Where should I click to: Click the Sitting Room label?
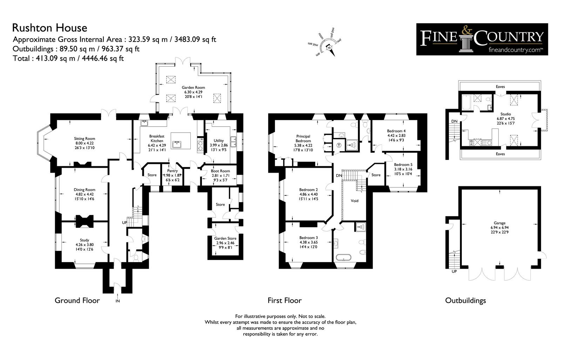tap(85, 139)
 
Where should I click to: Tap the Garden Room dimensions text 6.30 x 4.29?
tap(193, 92)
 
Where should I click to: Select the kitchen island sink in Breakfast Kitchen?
tap(177, 145)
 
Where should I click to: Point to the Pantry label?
tap(172, 171)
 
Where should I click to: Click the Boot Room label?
tap(221, 171)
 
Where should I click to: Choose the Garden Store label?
tap(225, 238)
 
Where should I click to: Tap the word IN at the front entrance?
tap(118, 301)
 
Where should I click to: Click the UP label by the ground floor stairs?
tap(124, 222)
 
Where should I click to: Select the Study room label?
tap(85, 240)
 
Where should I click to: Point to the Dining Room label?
tap(85, 190)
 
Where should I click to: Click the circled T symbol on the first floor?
tap(339, 145)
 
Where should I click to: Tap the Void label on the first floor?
tap(354, 201)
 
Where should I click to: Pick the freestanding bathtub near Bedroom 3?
tap(344, 257)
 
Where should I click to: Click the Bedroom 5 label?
tap(403, 165)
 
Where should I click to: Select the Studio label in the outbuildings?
tap(506, 114)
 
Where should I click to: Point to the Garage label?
tap(500, 223)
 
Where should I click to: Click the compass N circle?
tap(329, 48)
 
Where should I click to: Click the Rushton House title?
tap(49, 28)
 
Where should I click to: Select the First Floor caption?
tap(284, 300)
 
